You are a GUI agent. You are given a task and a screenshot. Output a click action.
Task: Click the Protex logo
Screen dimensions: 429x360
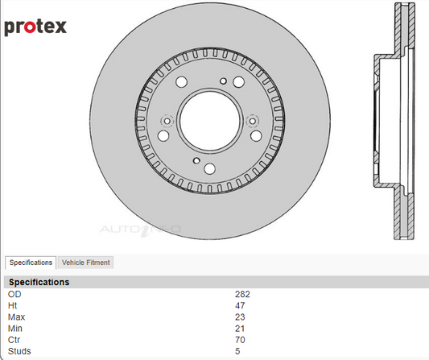pyautogui.click(x=35, y=27)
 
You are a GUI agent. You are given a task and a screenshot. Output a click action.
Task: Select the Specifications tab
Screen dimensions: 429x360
pyautogui.click(x=31, y=263)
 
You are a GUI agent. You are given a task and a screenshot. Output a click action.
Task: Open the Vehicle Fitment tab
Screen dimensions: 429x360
pyautogui.click(x=85, y=263)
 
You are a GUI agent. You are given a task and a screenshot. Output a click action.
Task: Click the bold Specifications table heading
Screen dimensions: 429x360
pyautogui.click(x=39, y=282)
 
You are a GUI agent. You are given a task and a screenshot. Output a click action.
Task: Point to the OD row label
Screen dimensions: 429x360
pyautogui.click(x=14, y=294)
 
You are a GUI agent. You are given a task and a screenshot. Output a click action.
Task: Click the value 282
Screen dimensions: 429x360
pyautogui.click(x=242, y=294)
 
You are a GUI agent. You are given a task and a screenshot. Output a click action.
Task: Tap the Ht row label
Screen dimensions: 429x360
pyautogui.click(x=13, y=305)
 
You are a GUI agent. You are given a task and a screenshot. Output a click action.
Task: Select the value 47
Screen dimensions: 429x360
pyautogui.click(x=240, y=305)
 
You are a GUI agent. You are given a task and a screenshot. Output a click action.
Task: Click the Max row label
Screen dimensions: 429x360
pyautogui.click(x=16, y=317)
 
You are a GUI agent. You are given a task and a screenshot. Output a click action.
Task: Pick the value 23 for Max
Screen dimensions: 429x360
pyautogui.click(x=240, y=317)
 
